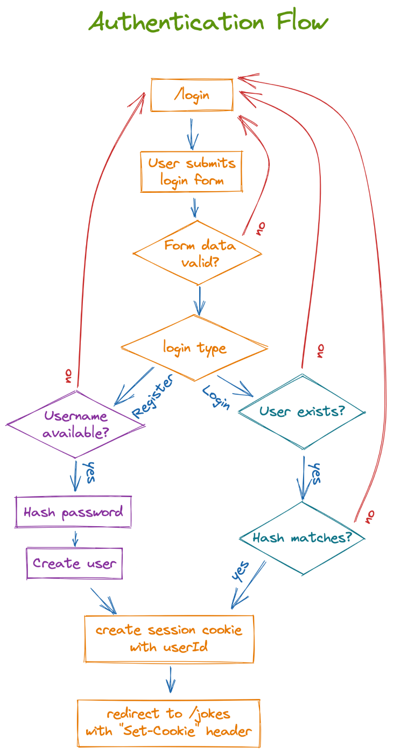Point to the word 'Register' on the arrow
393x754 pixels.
152,396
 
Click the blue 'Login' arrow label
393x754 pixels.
216,397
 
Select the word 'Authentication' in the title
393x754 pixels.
177,22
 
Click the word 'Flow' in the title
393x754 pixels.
302,22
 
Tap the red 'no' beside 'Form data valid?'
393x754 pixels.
261,228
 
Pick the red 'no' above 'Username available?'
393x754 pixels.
68,376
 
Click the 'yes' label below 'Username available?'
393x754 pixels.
89,472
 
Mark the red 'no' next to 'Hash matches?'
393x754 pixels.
370,516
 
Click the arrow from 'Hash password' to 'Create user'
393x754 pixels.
75,539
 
